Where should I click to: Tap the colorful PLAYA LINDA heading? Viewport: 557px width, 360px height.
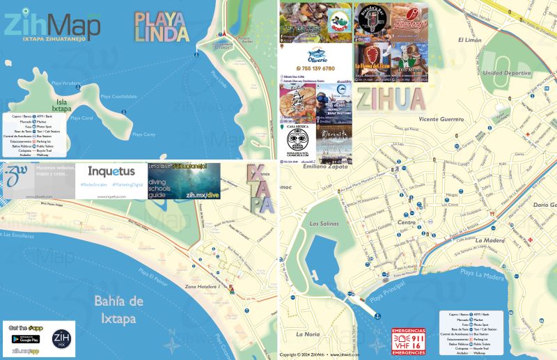coord(161,26)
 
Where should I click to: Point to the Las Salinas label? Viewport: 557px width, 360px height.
coord(323,224)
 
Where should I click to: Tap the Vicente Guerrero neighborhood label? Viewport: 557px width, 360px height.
coord(441,119)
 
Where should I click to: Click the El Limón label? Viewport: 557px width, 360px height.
coord(470,40)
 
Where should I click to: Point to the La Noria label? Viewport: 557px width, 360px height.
coord(307,334)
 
